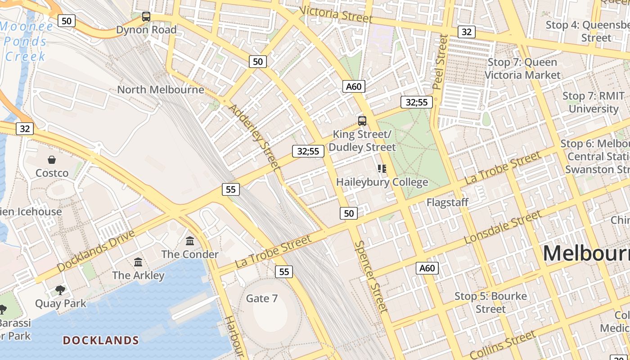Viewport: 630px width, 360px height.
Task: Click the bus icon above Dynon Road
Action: pos(146,17)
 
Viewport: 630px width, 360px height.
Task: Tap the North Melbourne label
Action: pos(161,90)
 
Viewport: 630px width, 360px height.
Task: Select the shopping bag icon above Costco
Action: pos(52,160)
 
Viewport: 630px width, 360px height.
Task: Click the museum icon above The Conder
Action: pos(190,241)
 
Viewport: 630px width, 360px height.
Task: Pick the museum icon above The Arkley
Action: pos(138,262)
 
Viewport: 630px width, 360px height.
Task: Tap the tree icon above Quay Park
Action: pos(60,290)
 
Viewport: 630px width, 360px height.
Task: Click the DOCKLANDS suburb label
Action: pos(101,340)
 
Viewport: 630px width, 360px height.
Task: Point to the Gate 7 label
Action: pos(261,298)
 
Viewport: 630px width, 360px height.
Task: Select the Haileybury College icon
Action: pos(382,169)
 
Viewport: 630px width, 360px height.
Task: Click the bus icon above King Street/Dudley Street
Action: pos(362,121)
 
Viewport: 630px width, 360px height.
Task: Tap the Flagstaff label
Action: pos(447,202)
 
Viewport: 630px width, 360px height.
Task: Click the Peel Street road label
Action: pos(440,62)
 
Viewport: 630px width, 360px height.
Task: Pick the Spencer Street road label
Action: pos(371,276)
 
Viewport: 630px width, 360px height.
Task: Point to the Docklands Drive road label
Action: pos(96,251)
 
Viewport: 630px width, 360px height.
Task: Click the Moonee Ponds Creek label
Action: pos(26,41)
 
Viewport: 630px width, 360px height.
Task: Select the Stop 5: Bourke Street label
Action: pos(490,302)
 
